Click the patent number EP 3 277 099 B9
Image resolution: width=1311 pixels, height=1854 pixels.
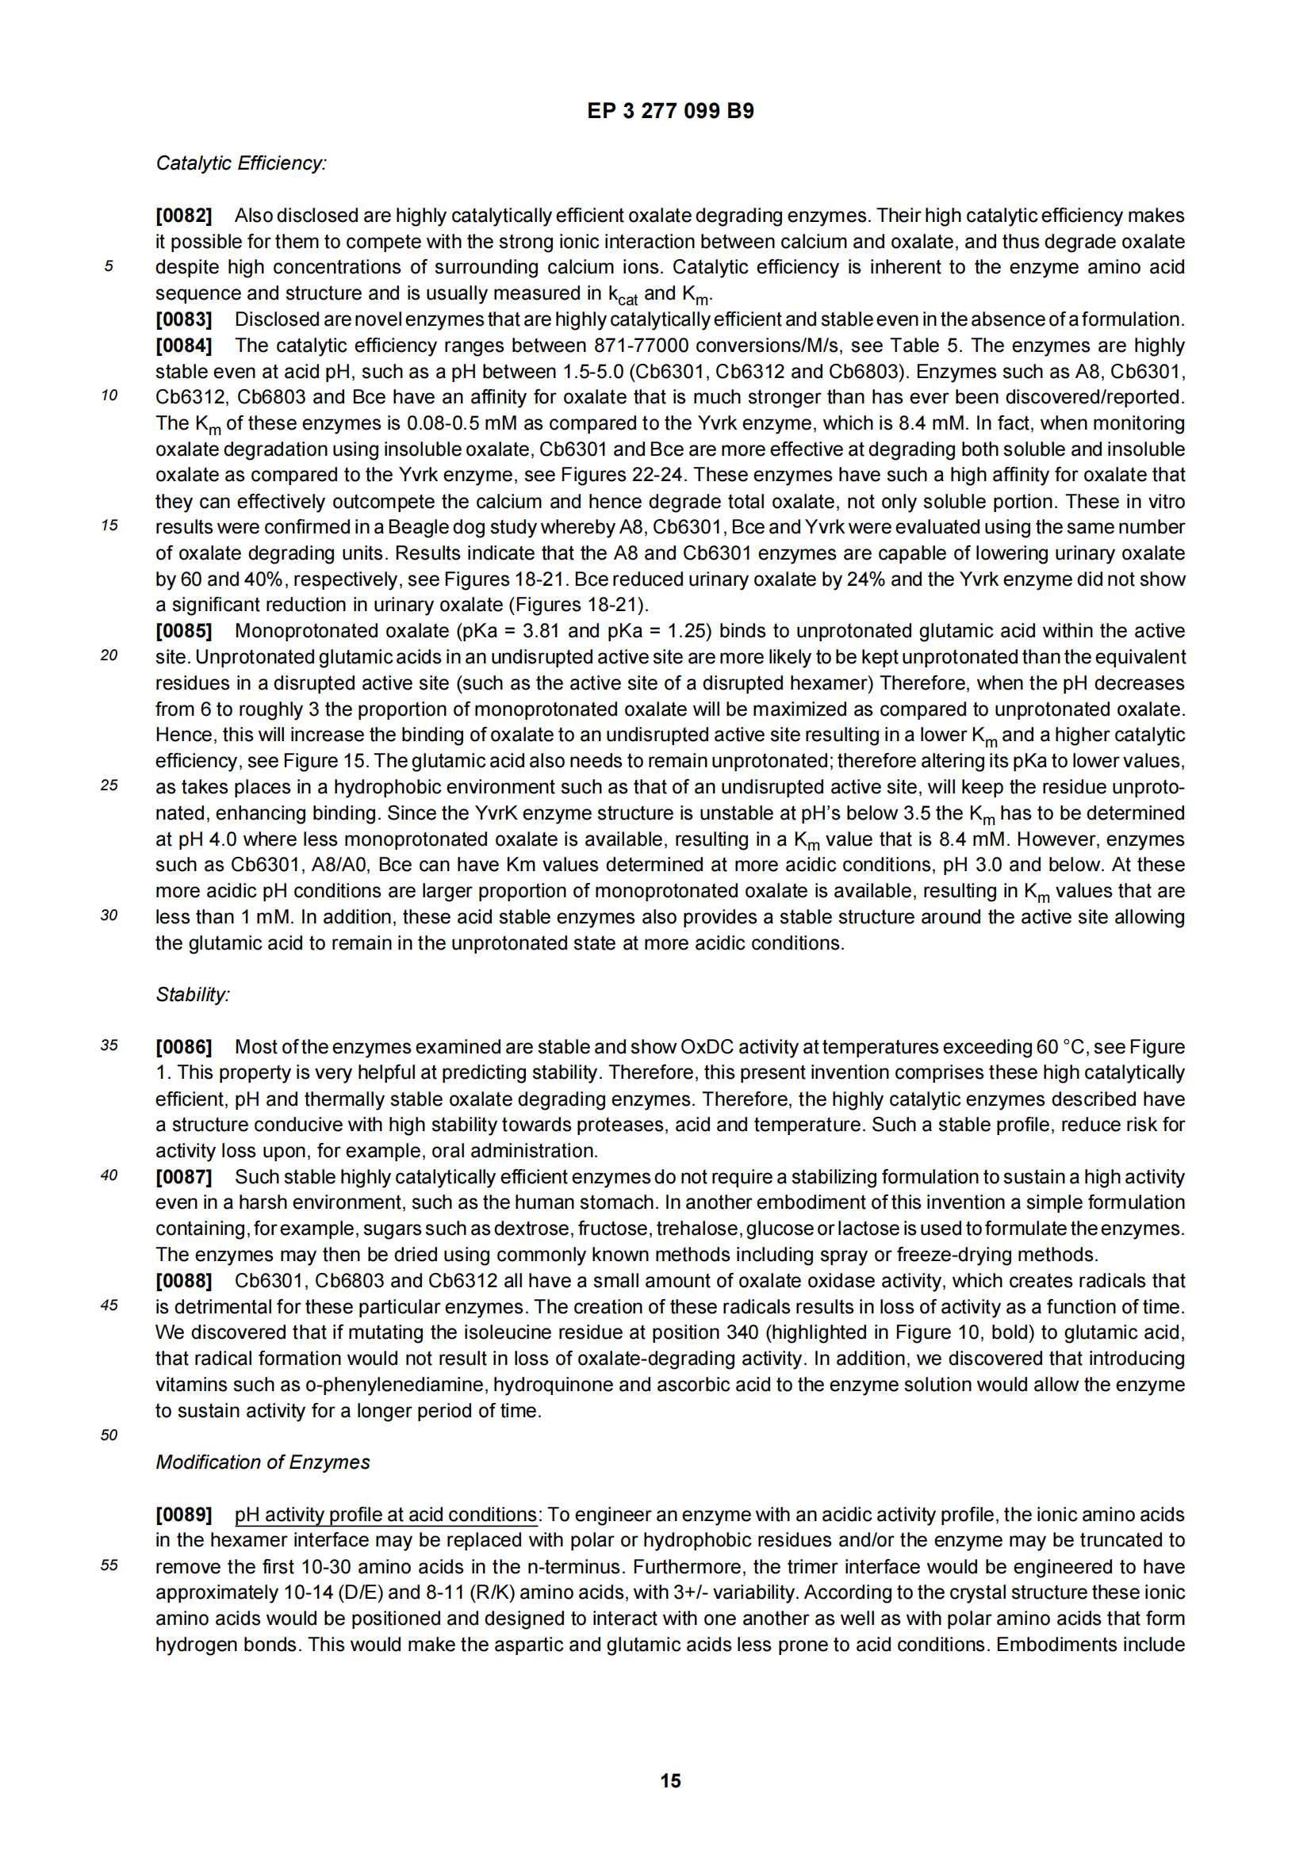(669, 111)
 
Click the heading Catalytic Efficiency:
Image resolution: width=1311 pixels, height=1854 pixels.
(241, 163)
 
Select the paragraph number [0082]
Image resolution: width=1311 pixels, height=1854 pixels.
(183, 216)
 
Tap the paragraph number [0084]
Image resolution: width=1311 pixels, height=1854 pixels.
(183, 346)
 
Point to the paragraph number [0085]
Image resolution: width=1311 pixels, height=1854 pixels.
(183, 631)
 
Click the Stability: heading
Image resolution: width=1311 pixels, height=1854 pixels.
(192, 994)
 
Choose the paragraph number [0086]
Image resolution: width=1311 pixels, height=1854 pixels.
(183, 1046)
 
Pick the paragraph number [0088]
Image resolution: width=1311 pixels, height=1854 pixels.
(183, 1281)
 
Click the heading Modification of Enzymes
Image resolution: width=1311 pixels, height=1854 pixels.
(263, 1462)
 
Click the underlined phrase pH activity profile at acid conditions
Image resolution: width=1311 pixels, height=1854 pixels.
(385, 1514)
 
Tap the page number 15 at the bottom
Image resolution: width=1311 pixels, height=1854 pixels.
(670, 1780)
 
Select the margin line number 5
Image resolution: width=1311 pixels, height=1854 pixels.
(109, 266)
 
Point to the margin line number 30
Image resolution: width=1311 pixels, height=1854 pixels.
(109, 915)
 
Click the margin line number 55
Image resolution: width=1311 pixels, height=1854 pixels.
(109, 1565)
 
